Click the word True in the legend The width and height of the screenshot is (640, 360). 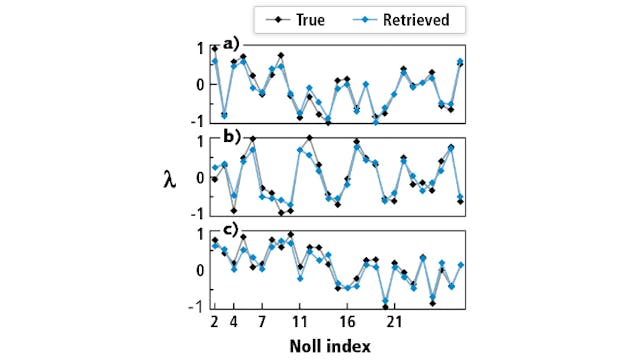pyautogui.click(x=307, y=18)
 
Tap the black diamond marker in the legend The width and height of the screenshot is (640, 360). pyautogui.click(x=272, y=18)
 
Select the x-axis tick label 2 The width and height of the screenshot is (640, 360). pyautogui.click(x=214, y=323)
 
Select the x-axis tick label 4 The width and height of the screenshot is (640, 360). pyautogui.click(x=233, y=323)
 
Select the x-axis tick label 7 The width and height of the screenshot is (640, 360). pyautogui.click(x=261, y=323)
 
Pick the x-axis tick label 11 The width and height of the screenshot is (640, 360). pyautogui.click(x=299, y=323)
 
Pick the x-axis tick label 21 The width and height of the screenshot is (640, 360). pyautogui.click(x=394, y=323)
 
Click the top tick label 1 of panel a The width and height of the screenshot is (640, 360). pyautogui.click(x=201, y=48)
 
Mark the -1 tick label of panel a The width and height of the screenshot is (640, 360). pyautogui.click(x=197, y=120)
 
